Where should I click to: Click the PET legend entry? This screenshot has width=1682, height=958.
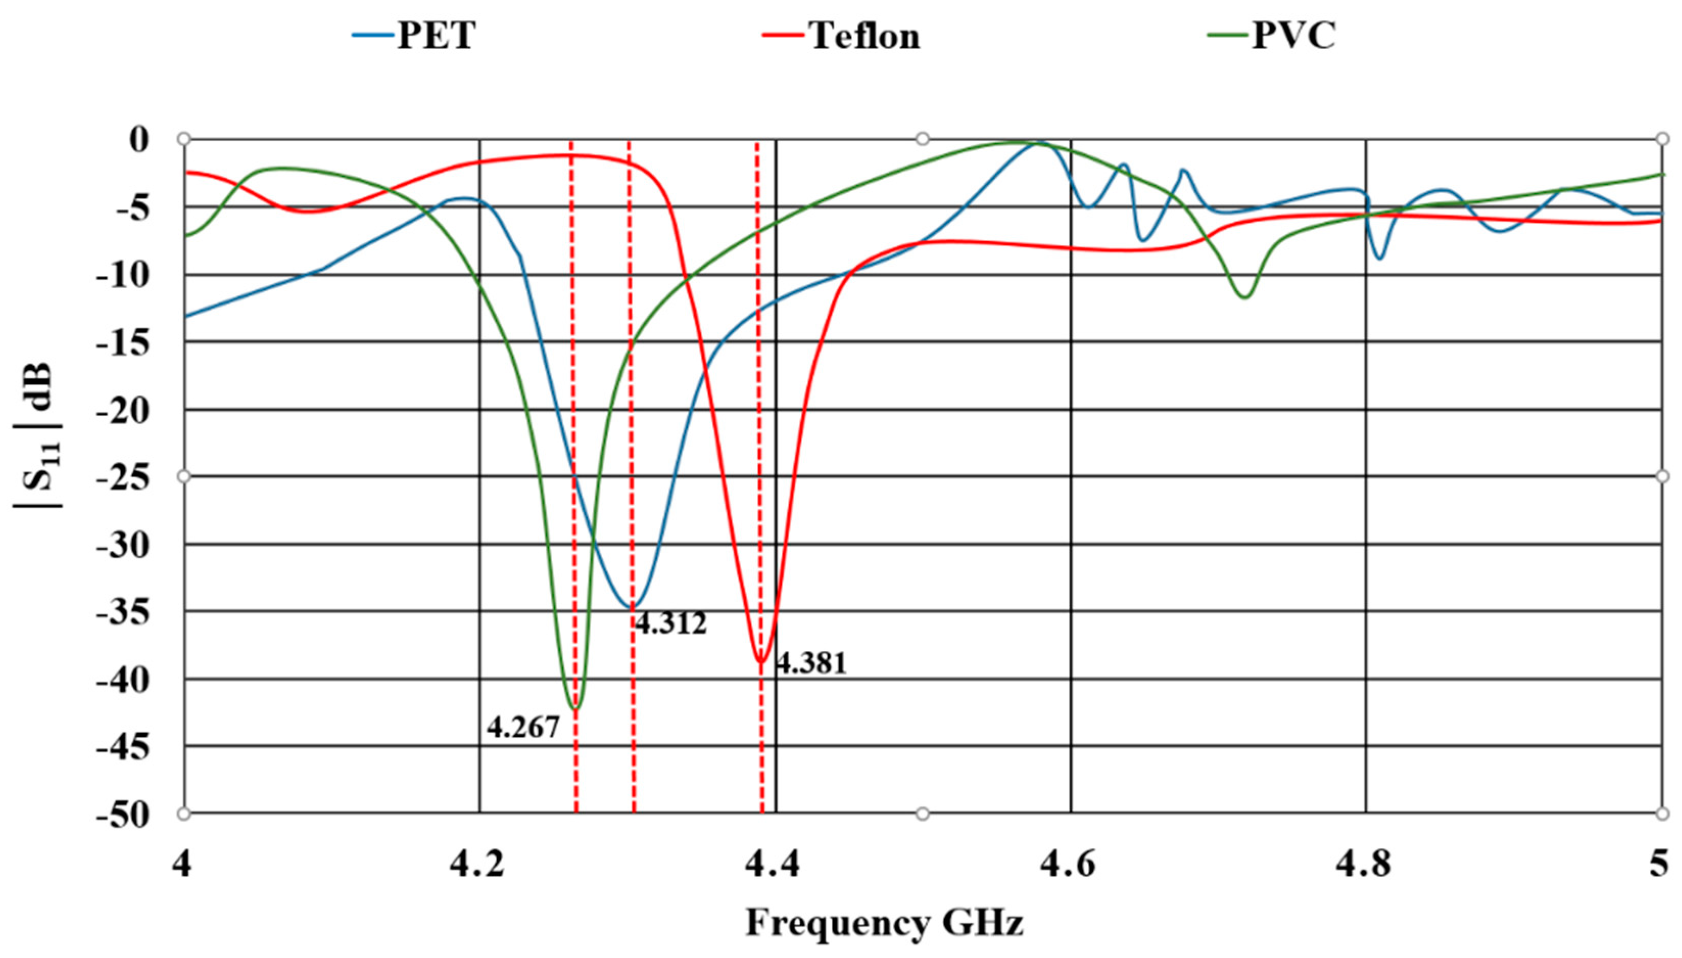tap(414, 35)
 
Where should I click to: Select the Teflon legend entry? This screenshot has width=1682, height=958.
tap(842, 35)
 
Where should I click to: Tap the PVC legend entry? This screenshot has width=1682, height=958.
tap(1273, 35)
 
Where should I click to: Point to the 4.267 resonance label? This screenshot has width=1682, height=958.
tap(523, 728)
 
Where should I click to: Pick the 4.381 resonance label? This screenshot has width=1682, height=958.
tap(811, 663)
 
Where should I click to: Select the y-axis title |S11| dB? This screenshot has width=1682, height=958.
tap(38, 434)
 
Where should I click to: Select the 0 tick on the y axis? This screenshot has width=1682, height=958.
tap(139, 140)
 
